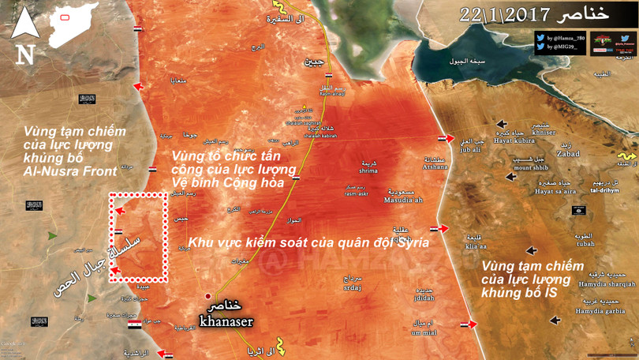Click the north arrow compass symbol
pos(24,35)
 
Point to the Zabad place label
pos(568,154)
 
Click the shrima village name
pos(368,170)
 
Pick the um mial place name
pos(424,331)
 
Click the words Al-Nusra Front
pos(69,171)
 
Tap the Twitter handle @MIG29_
pos(563,48)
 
